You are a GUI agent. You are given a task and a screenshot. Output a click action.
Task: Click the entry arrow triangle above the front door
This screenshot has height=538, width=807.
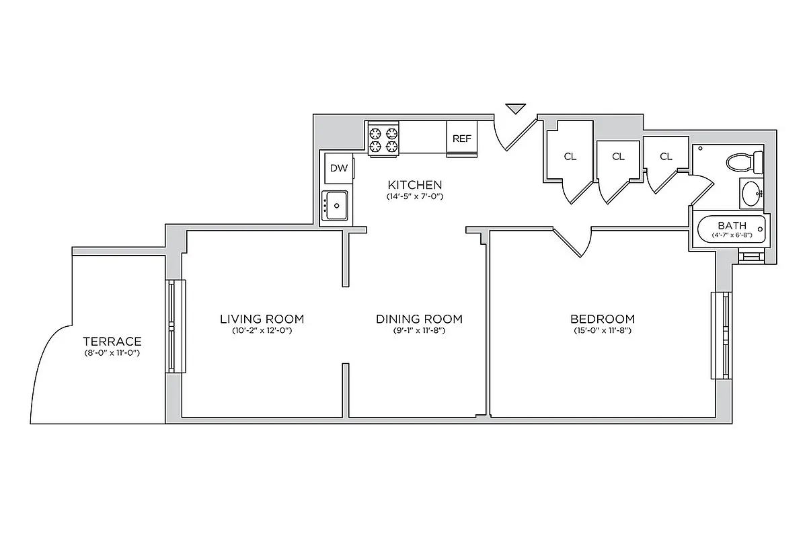pyautogui.click(x=515, y=108)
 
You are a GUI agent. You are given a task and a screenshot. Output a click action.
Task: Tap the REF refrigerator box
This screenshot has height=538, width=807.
pyautogui.click(x=462, y=139)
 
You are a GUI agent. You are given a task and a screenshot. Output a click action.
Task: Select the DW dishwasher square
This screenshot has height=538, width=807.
pyautogui.click(x=339, y=169)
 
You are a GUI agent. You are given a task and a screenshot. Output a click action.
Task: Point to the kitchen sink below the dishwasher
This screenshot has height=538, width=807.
pyautogui.click(x=334, y=205)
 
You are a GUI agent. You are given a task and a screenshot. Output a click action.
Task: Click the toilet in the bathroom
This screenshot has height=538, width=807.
pyautogui.click(x=743, y=161)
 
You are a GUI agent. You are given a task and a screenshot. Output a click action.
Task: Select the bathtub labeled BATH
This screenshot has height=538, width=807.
pyautogui.click(x=732, y=229)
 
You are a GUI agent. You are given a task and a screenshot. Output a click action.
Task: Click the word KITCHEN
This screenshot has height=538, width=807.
pyautogui.click(x=414, y=184)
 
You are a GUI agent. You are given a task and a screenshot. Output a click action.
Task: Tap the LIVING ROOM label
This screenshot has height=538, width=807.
pyautogui.click(x=262, y=319)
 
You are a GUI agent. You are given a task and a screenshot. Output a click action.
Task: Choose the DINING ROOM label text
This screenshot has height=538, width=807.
pyautogui.click(x=419, y=319)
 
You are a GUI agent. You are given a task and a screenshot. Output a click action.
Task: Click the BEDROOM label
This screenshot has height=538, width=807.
pyautogui.click(x=602, y=319)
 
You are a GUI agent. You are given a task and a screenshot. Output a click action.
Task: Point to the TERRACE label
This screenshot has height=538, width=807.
pyautogui.click(x=112, y=341)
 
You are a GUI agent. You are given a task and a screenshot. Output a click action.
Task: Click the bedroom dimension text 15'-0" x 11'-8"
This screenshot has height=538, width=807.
pyautogui.click(x=602, y=331)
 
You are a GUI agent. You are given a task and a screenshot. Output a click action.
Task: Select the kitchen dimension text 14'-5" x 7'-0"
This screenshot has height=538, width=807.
pyautogui.click(x=414, y=197)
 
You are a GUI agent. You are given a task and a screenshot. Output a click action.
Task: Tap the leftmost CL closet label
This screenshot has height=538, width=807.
pyautogui.click(x=570, y=157)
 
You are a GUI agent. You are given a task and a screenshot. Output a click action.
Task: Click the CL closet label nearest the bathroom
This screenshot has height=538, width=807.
pyautogui.click(x=666, y=157)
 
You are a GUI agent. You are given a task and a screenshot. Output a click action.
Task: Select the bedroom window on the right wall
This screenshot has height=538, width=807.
pyautogui.click(x=722, y=336)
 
